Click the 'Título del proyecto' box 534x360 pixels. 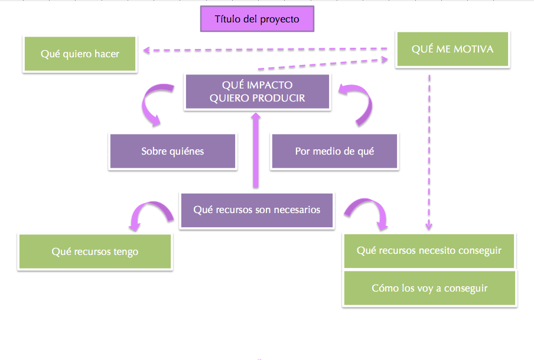257,19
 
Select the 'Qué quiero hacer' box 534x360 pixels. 80,54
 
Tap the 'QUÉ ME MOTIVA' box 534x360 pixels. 452,49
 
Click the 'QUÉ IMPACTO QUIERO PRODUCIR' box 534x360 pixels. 257,92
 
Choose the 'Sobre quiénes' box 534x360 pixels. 172,152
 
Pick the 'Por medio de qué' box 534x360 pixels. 334,152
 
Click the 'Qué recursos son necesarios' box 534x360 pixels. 257,210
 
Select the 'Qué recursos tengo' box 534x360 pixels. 95,252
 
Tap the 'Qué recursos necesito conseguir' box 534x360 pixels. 429,251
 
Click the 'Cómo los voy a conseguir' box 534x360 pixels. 429,289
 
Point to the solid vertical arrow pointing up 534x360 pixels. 256,150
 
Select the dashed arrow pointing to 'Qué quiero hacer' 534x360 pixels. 266,50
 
